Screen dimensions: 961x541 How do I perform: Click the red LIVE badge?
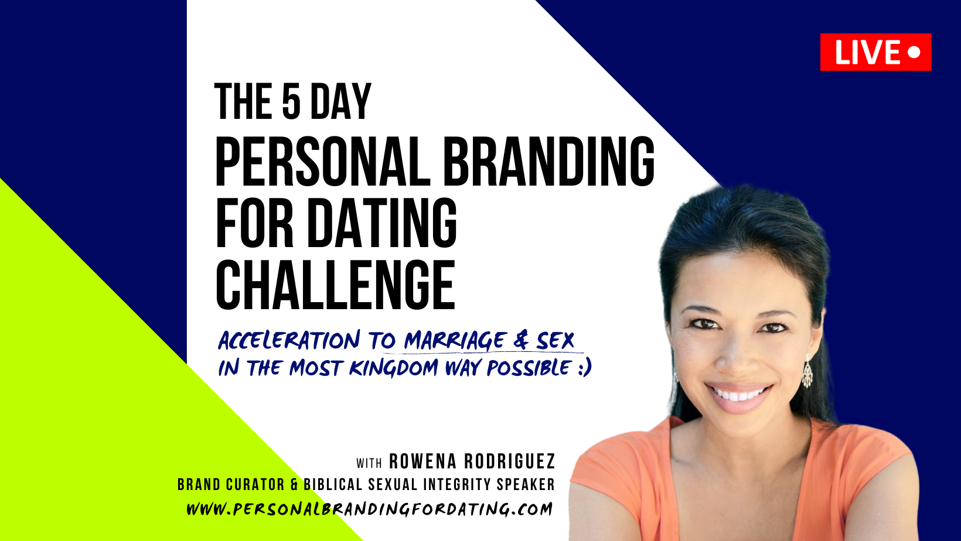coord(875,52)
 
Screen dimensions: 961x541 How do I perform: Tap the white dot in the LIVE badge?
coord(914,52)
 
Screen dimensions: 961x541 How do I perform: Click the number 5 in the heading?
coord(291,102)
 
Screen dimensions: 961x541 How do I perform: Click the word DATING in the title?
coord(382,223)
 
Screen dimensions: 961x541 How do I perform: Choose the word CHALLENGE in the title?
coord(336,285)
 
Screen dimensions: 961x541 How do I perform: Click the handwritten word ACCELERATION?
coord(289,341)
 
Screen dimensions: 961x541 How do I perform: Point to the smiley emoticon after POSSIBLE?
coord(584,368)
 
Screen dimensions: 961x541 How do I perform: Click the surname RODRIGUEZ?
coord(510,462)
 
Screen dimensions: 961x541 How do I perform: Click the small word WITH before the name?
coord(369,463)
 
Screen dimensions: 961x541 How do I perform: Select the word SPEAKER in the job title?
coord(526,484)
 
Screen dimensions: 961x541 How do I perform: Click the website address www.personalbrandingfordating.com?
coord(369,509)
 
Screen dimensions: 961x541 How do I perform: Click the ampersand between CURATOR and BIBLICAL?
coord(294,484)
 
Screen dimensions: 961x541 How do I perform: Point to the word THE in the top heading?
coord(243,102)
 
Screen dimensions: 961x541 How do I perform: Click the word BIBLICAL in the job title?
coord(333,484)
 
